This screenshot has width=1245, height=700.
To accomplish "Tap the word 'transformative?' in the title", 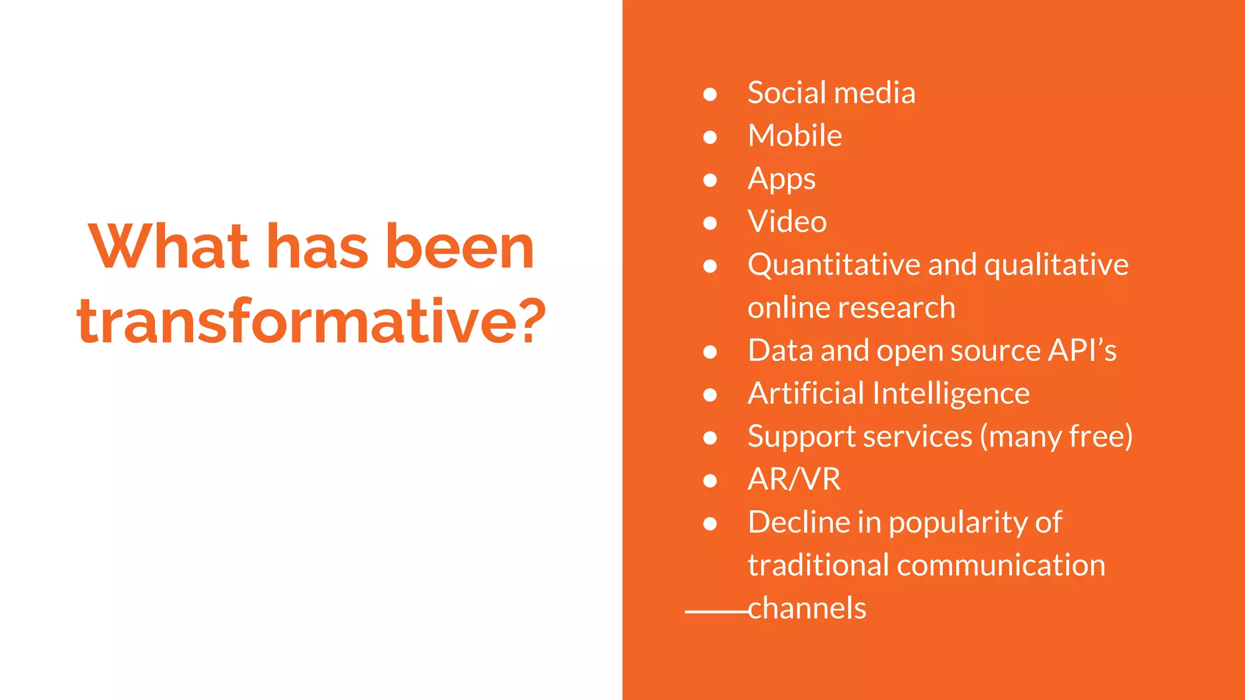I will coord(311,321).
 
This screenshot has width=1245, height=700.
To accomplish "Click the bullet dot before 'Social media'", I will coord(709,94).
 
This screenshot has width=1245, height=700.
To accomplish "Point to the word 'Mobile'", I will coord(795,136).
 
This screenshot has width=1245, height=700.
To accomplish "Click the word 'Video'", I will coord(787,221).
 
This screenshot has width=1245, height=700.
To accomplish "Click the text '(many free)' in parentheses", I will coord(1056,437).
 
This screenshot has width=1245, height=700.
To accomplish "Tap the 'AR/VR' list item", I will coord(794,479).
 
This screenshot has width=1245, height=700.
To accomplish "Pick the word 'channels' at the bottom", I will coord(807,608).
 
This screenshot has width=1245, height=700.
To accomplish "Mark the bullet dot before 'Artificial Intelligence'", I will coord(709,395).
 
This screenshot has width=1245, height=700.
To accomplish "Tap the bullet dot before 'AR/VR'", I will coord(709,481).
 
